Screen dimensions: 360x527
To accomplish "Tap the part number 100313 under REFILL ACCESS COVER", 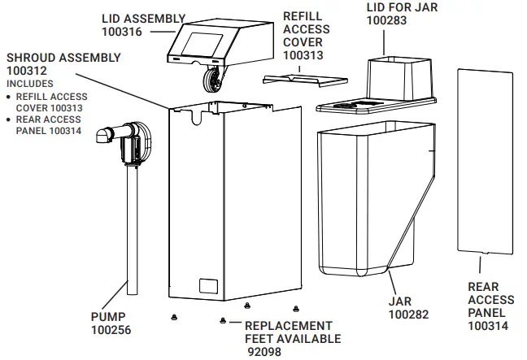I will (x=303, y=55).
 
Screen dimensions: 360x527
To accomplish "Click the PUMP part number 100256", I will (x=110, y=331).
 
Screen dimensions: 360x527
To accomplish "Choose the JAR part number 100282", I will (x=407, y=314).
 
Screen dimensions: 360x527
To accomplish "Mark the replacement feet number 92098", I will (x=264, y=352).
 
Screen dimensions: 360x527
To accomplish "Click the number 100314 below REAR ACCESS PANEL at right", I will (x=489, y=326).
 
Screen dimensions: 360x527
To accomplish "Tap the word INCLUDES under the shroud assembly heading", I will (x=32, y=84).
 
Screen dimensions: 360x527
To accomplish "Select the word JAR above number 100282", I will (x=401, y=301).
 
